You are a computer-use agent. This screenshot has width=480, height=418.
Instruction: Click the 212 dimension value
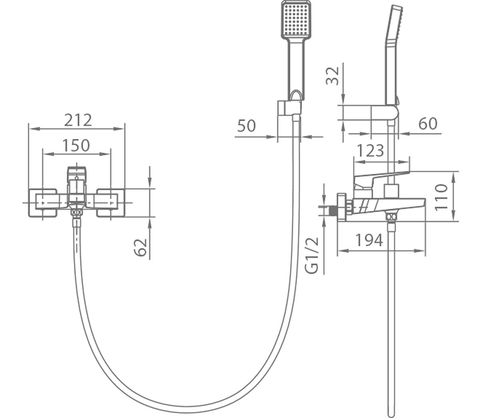78,120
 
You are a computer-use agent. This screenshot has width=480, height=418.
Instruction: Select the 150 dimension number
76,145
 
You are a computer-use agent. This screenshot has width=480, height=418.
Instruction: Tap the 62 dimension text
140,247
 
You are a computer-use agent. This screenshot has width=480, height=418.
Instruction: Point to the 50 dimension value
246,126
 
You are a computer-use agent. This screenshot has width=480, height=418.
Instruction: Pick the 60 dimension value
428,124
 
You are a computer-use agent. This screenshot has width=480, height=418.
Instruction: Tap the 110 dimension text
441,197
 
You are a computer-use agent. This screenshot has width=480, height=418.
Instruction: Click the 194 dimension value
369,240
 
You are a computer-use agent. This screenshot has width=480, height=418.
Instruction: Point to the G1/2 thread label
312,255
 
